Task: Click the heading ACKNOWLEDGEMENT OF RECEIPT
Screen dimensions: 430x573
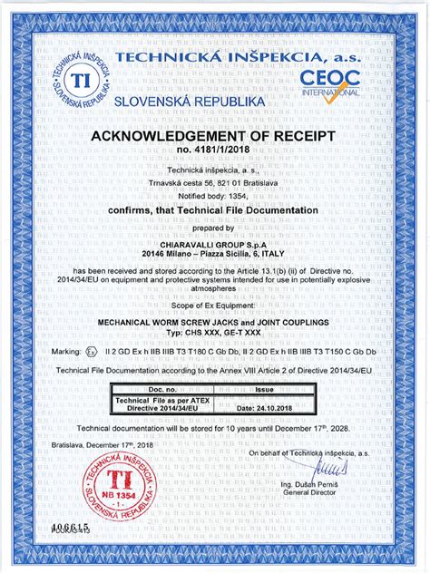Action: tap(214, 136)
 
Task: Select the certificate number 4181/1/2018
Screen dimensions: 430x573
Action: tap(214, 152)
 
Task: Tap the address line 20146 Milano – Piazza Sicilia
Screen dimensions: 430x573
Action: tap(214, 256)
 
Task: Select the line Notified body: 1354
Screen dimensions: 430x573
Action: tap(214, 195)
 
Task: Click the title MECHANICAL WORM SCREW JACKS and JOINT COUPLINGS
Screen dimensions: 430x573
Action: tap(214, 323)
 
